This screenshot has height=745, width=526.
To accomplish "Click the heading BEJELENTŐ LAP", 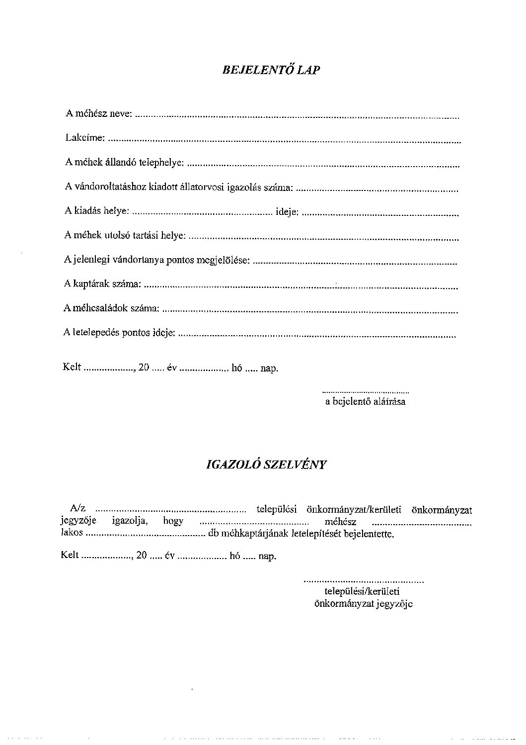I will pos(271,70).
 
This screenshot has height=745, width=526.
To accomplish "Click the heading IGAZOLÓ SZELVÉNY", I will pos(266,465).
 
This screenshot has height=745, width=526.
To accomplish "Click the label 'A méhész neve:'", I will pos(98,114).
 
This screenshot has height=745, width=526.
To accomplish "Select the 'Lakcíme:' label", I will pos(85,138).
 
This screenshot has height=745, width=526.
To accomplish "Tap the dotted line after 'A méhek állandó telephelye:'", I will pos(323,164).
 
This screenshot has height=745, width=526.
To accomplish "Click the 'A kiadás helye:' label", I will pos(97,211).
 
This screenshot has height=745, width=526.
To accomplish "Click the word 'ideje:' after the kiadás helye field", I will pos(287,212).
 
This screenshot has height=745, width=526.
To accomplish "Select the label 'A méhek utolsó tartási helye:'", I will pos(125,235).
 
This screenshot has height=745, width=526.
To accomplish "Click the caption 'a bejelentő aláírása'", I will pos(365,402).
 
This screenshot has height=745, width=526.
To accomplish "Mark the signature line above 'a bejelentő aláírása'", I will pos(366,392).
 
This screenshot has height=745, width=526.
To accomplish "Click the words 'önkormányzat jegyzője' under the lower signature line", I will pos(363,604).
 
